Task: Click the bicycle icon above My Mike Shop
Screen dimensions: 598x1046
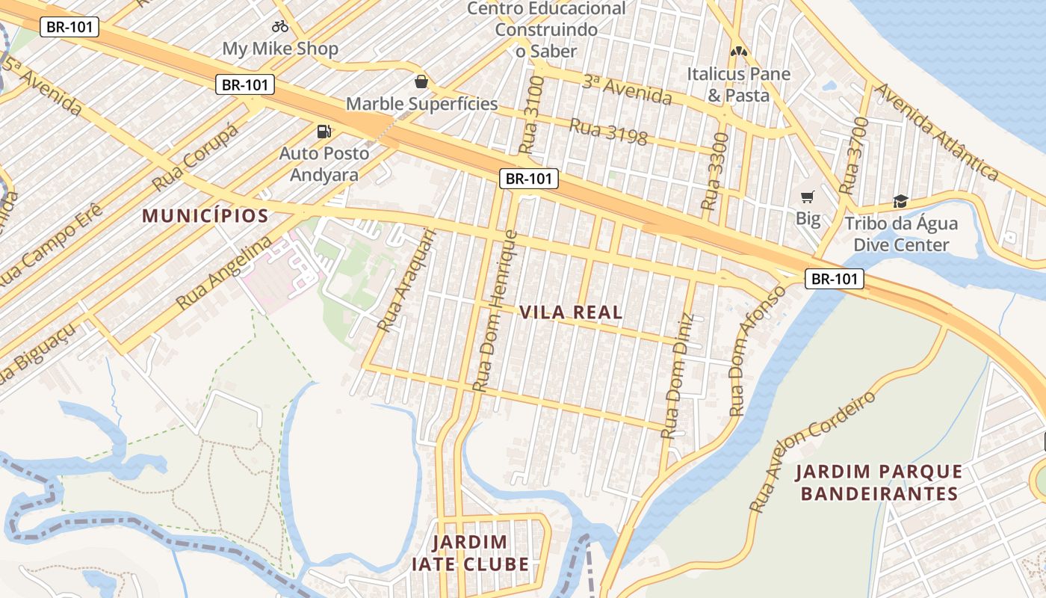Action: click(x=280, y=26)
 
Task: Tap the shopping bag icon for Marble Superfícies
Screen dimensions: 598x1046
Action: click(x=421, y=81)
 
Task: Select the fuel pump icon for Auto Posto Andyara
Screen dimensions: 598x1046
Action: click(x=324, y=132)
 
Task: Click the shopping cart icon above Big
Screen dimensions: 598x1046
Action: click(x=807, y=197)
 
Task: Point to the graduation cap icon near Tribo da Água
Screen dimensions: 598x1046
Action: click(x=900, y=201)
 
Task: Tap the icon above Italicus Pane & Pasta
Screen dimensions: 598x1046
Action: click(x=738, y=52)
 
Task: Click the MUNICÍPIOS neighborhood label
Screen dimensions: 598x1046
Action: click(x=205, y=216)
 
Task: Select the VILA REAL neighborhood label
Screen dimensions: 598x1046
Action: click(x=571, y=312)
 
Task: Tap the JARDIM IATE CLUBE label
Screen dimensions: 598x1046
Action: click(x=470, y=553)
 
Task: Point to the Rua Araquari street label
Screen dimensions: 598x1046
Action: click(x=406, y=280)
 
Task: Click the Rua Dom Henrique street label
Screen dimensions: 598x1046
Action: click(x=495, y=311)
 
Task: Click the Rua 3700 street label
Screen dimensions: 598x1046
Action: click(x=853, y=156)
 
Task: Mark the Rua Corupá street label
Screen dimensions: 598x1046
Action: click(x=195, y=157)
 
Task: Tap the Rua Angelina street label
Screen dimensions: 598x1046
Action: click(x=223, y=274)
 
